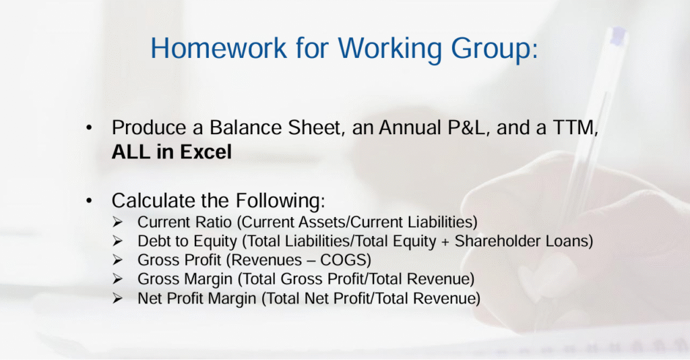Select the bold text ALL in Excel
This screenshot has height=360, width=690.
172,152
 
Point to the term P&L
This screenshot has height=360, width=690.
468,127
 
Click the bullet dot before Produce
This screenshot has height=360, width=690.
90,127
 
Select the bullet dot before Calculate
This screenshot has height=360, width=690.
90,201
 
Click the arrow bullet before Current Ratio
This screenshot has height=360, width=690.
117,222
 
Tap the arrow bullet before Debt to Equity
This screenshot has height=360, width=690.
117,241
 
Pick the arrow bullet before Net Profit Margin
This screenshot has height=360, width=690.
117,298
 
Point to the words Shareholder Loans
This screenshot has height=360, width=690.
521,241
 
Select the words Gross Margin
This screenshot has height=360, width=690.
185,279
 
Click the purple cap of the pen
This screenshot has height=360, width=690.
619,35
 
